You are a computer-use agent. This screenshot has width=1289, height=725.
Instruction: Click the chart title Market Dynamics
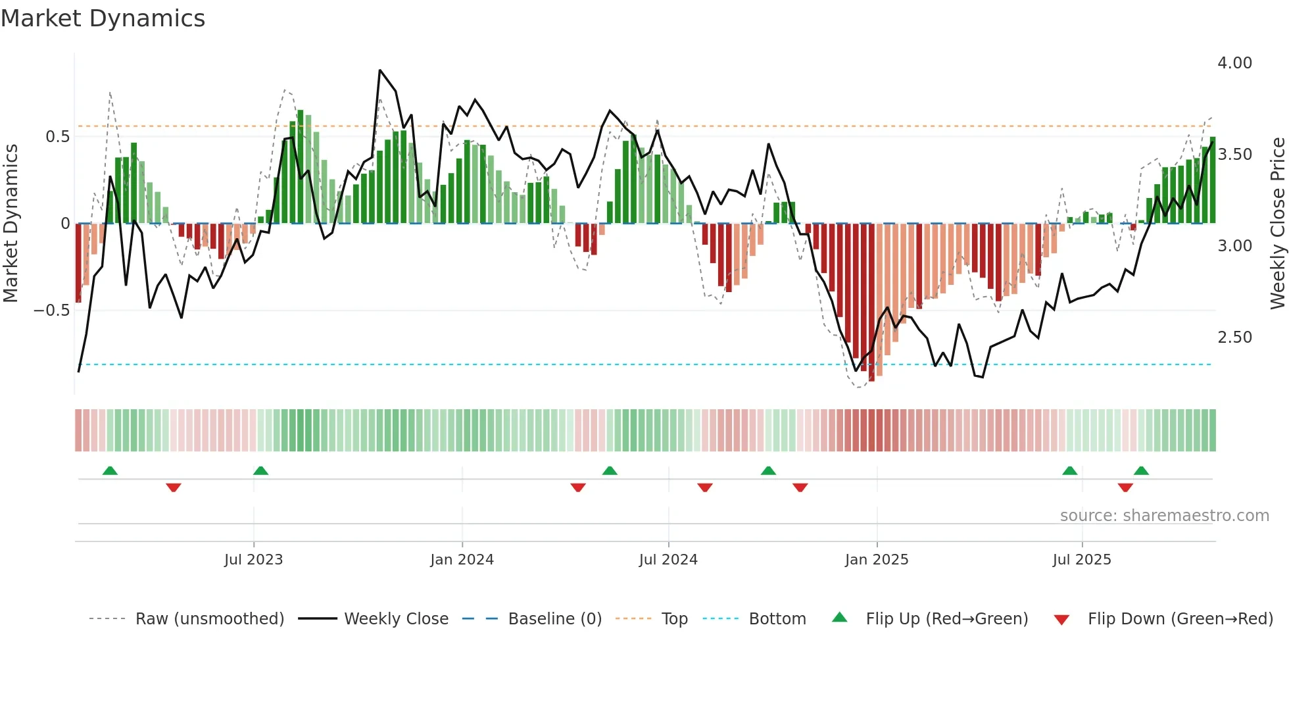tap(103, 18)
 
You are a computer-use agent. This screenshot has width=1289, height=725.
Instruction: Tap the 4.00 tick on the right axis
tap(1234, 63)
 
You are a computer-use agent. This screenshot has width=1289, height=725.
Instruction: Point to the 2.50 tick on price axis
tap(1234, 337)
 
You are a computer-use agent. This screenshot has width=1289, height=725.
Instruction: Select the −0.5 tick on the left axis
tap(51, 310)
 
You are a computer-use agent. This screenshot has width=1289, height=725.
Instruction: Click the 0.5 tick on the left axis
tap(57, 137)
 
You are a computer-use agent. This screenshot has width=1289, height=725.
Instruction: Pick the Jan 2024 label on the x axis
tap(462, 560)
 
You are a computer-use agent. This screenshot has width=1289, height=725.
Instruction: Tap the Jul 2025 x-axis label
tap(1081, 560)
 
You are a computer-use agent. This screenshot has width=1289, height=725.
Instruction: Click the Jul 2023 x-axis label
tap(253, 560)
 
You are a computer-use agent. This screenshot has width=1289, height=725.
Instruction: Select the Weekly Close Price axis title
tap(1277, 224)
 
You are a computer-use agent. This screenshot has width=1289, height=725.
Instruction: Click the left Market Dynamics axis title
tap(11, 224)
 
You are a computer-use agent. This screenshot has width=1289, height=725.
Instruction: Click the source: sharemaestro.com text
tap(1164, 516)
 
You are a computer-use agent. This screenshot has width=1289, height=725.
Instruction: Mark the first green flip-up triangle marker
tap(110, 470)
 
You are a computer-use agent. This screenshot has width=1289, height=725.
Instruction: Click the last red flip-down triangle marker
tap(1125, 488)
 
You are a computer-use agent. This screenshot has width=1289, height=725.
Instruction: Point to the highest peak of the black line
tap(380, 70)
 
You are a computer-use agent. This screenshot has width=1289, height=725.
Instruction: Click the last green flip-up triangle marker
tap(1141, 470)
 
